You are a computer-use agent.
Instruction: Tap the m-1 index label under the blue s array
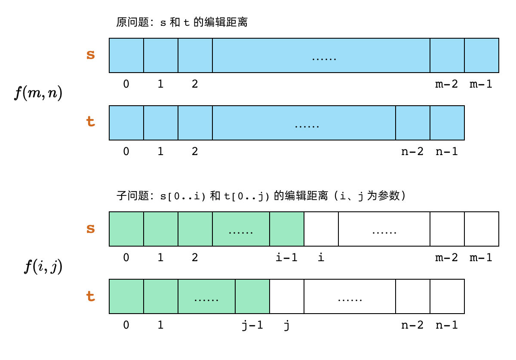tap(481, 84)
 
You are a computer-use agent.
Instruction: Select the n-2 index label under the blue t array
tap(412, 151)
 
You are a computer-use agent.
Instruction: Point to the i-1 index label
tap(286, 258)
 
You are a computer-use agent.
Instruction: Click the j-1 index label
tap(252, 325)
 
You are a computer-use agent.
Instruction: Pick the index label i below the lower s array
tap(321, 258)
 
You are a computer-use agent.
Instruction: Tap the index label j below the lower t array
tap(286, 325)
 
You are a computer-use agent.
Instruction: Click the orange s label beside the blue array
tap(90, 55)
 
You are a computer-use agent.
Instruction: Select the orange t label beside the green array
tap(90, 296)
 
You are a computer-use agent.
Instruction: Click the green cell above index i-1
tap(287, 229)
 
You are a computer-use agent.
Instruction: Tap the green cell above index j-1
tap(252, 296)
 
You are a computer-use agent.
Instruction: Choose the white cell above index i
tap(321, 229)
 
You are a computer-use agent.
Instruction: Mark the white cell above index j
tap(287, 296)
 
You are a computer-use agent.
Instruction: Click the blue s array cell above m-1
tap(482, 55)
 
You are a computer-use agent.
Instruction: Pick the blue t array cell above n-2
tap(413, 123)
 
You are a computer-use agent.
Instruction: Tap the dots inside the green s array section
tap(241, 232)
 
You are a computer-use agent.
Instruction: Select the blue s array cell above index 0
tap(126, 55)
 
